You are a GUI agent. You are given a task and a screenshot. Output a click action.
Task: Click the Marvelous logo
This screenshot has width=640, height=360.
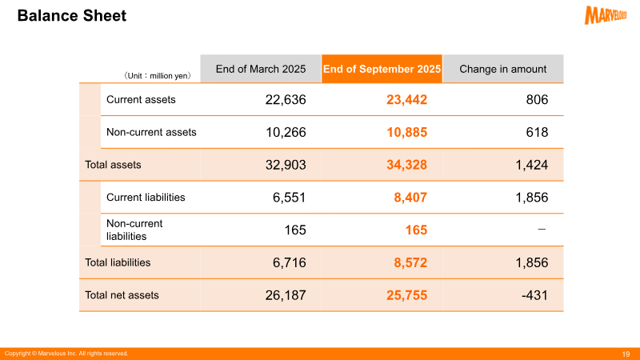click(606, 15)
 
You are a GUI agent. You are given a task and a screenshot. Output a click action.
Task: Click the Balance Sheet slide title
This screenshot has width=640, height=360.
click(72, 15)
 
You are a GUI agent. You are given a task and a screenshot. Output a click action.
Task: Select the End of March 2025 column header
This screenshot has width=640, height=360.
click(261, 69)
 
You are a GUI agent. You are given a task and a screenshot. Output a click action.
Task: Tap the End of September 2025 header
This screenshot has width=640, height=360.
click(382, 69)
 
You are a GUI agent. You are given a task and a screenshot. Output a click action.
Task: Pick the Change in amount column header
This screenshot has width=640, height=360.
click(503, 69)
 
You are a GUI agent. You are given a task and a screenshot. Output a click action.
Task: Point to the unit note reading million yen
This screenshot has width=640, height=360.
click(157, 75)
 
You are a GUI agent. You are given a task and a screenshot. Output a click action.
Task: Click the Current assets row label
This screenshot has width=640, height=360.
click(141, 99)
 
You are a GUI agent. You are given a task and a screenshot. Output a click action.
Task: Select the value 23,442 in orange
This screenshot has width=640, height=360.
click(406, 99)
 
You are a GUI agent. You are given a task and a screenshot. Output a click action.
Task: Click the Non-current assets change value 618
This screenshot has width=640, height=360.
click(537, 132)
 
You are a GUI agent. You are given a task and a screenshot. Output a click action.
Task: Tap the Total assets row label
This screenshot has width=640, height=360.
click(113, 165)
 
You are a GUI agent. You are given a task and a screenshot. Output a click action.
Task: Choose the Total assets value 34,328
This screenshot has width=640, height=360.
click(406, 165)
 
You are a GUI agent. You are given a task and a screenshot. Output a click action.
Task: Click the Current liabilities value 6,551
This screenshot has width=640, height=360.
click(289, 198)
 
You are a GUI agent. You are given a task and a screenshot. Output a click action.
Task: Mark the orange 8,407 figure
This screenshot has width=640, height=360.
click(410, 198)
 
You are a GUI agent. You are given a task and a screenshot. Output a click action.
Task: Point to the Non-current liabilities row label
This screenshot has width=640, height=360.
click(134, 230)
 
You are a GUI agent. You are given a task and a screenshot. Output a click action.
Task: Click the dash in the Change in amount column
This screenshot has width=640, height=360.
click(542, 230)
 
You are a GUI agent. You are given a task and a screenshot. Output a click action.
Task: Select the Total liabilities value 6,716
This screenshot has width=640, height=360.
click(289, 262)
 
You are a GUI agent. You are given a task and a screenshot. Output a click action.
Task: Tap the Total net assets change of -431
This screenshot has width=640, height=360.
click(534, 295)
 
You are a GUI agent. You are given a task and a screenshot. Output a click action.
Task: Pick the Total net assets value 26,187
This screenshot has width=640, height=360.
click(286, 295)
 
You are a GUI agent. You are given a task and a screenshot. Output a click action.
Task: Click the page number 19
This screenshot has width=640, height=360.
click(626, 354)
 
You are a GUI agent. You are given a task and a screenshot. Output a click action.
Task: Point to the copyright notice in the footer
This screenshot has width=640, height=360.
click(66, 354)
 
